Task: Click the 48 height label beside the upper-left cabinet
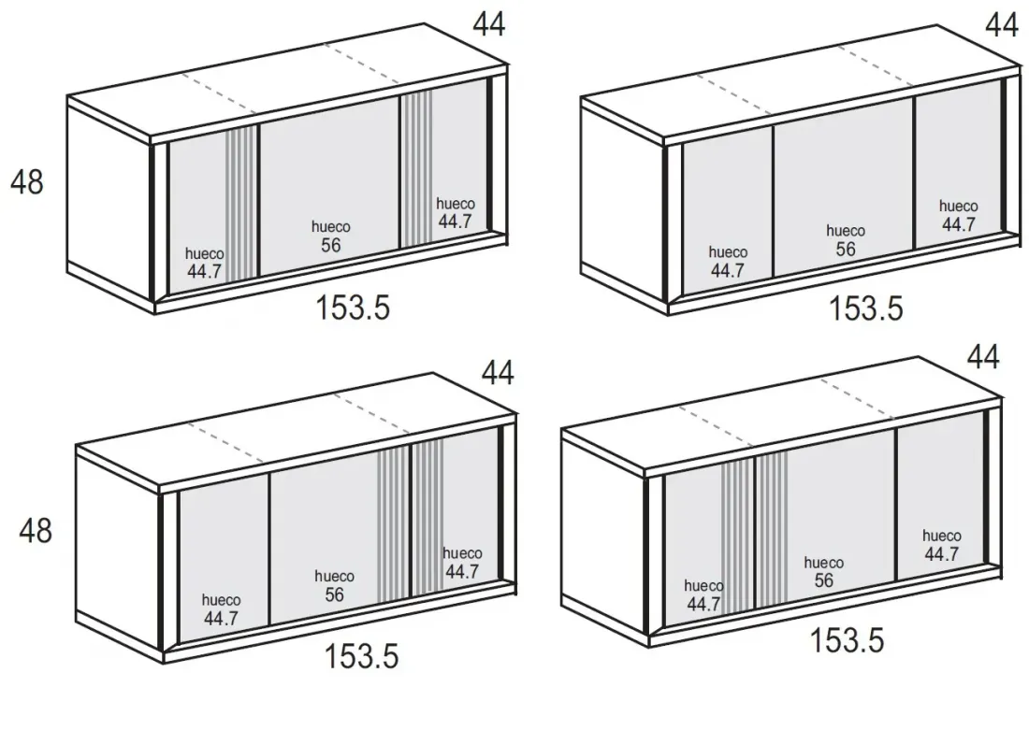(27, 181)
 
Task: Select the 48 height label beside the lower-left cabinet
(36, 530)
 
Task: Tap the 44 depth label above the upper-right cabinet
(1002, 25)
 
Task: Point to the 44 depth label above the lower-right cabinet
(984, 357)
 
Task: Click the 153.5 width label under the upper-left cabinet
(353, 307)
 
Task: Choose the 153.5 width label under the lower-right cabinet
(848, 640)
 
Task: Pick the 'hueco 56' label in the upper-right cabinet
(846, 240)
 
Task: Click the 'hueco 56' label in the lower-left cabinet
(334, 586)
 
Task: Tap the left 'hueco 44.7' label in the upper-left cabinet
(204, 263)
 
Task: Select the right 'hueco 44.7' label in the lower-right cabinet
(941, 545)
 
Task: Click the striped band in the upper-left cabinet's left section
(240, 204)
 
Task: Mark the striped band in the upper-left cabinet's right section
(417, 169)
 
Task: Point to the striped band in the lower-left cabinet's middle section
(393, 524)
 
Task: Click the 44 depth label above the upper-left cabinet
(489, 25)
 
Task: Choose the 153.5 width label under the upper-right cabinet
(866, 308)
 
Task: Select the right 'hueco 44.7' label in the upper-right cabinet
(958, 215)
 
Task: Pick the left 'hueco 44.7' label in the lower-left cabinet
(221, 609)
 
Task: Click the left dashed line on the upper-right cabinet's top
(733, 93)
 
